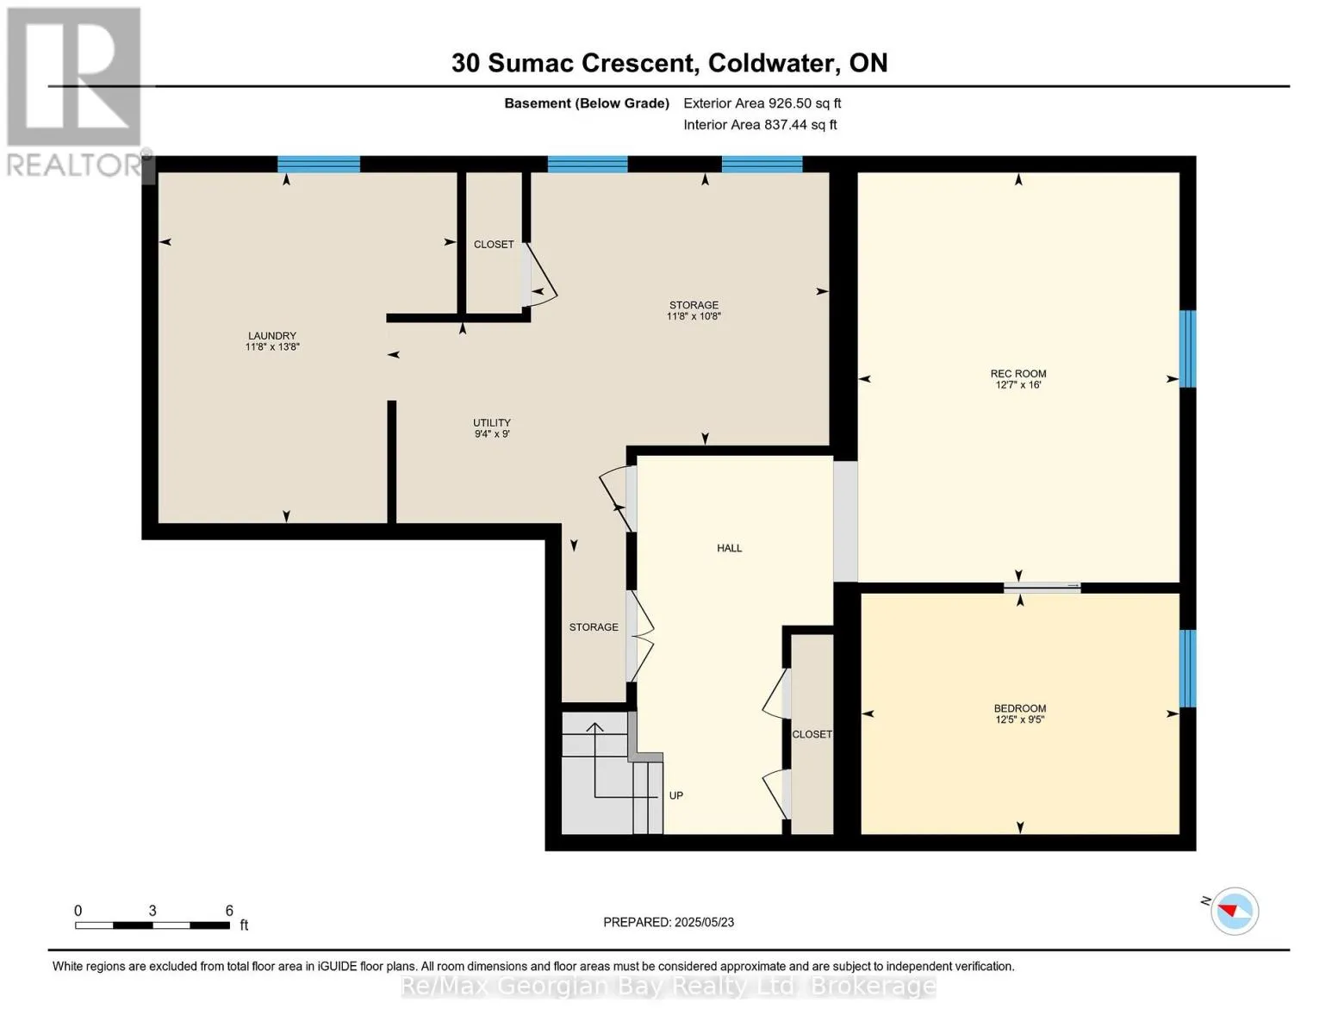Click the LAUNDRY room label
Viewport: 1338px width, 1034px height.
click(x=272, y=336)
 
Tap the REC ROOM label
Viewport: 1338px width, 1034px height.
click(x=1018, y=374)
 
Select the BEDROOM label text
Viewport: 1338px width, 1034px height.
click(x=1020, y=708)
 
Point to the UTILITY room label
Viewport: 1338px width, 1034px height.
click(x=492, y=423)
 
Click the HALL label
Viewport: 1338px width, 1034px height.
click(x=729, y=548)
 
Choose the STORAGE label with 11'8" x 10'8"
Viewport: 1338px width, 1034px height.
click(x=694, y=306)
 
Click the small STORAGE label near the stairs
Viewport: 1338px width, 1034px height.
click(x=594, y=627)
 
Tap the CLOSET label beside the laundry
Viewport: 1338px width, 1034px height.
click(x=494, y=245)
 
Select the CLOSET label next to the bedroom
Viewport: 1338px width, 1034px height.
click(x=812, y=734)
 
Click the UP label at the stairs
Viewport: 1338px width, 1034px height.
click(x=676, y=795)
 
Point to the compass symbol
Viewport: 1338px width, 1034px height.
click(x=1235, y=911)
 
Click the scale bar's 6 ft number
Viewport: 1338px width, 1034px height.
click(x=229, y=911)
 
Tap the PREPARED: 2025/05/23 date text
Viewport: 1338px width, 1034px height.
click(x=669, y=922)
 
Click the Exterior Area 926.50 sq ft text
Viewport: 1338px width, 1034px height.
click(x=762, y=103)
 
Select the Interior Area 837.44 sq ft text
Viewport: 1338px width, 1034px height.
click(x=760, y=125)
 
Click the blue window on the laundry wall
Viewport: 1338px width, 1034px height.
click(x=319, y=165)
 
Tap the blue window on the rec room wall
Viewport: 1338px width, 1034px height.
click(x=1187, y=349)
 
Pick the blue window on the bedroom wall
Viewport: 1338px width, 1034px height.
click(x=1187, y=669)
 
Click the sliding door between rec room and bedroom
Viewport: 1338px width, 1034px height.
click(x=1042, y=588)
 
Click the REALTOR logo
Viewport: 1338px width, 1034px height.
click(x=74, y=90)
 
